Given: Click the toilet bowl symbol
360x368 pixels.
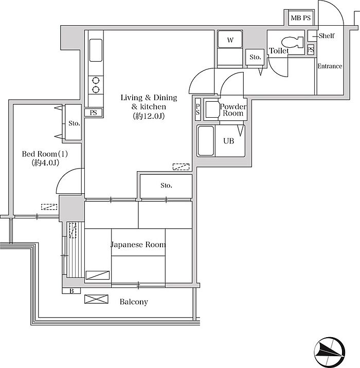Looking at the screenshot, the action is click(x=292, y=42).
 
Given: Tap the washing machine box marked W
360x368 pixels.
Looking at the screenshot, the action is click(x=230, y=40).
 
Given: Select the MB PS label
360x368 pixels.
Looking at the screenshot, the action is click(x=300, y=18).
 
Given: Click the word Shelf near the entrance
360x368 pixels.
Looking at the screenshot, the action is click(x=327, y=35).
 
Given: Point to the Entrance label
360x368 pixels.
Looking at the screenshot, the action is click(x=330, y=66).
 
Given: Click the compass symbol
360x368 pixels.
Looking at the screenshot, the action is click(x=330, y=352).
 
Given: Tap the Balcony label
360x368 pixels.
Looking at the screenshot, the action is click(x=134, y=302).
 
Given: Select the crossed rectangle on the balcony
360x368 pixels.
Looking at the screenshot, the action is click(x=96, y=299).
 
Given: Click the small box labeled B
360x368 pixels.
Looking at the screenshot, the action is click(x=71, y=291).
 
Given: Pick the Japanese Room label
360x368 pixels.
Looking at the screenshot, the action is click(x=138, y=245).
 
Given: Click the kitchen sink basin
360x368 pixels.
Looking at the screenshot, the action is click(x=96, y=50).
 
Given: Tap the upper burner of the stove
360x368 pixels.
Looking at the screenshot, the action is click(x=96, y=81).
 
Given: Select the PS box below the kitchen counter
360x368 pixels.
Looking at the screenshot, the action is click(x=94, y=113).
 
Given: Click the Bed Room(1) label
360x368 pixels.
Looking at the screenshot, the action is click(x=45, y=154).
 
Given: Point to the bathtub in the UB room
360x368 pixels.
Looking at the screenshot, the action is click(x=206, y=141).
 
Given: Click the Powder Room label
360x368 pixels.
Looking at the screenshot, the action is click(x=233, y=110).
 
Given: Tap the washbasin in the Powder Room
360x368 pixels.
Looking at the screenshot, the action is click(x=212, y=109).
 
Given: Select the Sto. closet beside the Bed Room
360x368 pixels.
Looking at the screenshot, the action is click(x=73, y=122).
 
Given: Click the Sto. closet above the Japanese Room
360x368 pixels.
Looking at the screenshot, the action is click(x=166, y=187).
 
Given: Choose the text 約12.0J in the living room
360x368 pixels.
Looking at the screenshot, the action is click(x=149, y=116).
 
